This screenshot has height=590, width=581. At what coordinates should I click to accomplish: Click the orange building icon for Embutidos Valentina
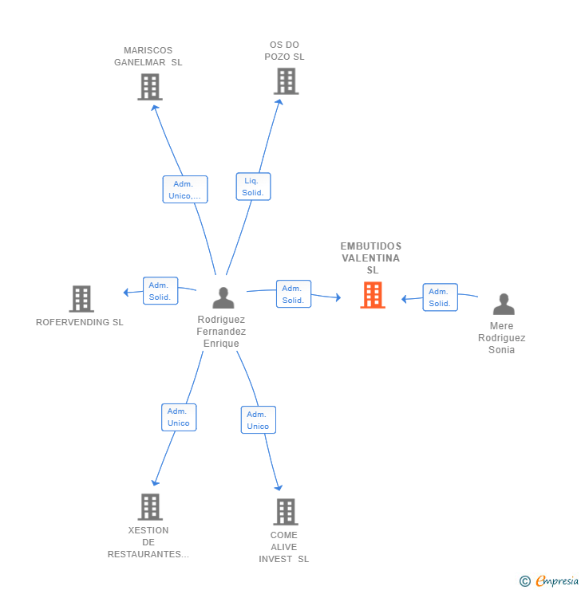(x=373, y=295)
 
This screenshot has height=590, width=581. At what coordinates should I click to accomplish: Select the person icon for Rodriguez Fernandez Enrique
(x=223, y=298)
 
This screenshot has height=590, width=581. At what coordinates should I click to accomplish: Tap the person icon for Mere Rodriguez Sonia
(x=504, y=304)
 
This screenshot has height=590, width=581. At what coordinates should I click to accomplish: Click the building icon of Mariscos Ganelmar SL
(x=150, y=87)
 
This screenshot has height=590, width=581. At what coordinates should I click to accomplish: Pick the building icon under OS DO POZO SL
(x=287, y=81)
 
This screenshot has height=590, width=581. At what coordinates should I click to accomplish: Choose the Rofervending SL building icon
(x=81, y=299)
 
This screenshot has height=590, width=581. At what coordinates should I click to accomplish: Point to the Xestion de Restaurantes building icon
(x=150, y=507)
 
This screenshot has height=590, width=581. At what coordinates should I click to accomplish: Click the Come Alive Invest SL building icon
(x=286, y=512)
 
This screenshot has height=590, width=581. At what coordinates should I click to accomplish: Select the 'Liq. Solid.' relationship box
(x=253, y=187)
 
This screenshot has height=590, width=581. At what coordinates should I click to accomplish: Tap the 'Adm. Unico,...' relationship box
(x=185, y=190)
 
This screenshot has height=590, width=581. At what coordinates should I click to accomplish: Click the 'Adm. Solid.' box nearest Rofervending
(x=160, y=291)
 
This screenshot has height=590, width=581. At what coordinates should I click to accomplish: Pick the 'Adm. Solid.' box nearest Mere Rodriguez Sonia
(x=440, y=297)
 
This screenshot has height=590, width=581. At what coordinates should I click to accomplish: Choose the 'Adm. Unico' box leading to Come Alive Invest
(x=259, y=420)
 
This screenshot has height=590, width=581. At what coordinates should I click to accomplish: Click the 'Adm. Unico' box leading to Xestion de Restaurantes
(x=179, y=417)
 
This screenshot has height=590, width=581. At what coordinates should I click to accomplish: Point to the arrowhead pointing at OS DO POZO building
(x=279, y=102)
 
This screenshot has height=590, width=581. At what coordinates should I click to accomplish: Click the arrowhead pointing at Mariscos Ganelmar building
(x=155, y=108)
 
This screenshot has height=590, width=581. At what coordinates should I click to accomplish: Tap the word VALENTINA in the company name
(x=371, y=258)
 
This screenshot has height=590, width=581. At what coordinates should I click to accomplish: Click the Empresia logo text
(x=557, y=581)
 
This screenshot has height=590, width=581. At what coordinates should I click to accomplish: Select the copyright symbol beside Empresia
(x=525, y=581)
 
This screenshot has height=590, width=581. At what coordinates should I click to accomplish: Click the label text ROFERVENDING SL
(x=80, y=322)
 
